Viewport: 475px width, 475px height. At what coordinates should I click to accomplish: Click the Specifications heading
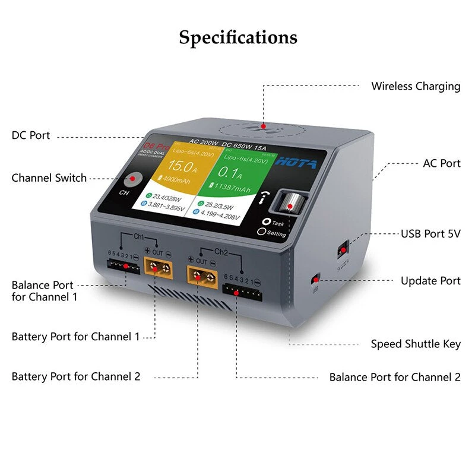[x=238, y=37]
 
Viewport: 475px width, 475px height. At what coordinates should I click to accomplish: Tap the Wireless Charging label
[x=416, y=86]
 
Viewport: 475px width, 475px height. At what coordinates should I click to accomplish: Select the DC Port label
[x=31, y=135]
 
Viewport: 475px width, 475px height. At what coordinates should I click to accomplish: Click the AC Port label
[x=441, y=163]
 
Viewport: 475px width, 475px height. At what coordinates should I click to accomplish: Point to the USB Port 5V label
[x=430, y=234]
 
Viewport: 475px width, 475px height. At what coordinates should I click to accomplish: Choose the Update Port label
[x=430, y=281]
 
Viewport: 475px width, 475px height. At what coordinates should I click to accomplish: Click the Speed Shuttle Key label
[x=416, y=344]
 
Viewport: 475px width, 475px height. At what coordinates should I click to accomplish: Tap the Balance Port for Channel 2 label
[x=395, y=377]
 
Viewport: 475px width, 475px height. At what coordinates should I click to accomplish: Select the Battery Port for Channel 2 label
[x=76, y=376]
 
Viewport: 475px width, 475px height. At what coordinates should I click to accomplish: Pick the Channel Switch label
[x=49, y=178]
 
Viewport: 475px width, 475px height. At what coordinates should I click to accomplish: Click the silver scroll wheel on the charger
[x=289, y=204]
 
